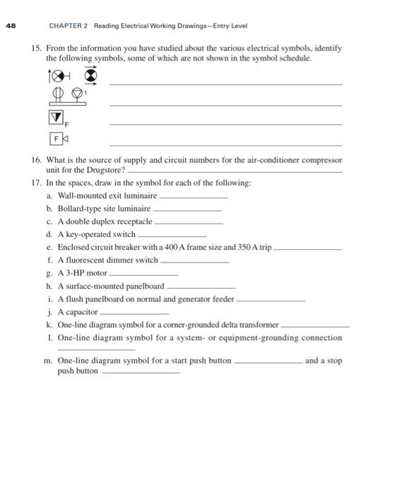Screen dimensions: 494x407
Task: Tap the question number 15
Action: click(37, 49)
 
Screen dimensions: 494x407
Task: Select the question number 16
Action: click(37, 160)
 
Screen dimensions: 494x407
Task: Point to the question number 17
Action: click(37, 183)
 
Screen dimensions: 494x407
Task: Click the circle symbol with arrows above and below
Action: click(90, 74)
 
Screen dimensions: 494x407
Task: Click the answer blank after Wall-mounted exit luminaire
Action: click(194, 197)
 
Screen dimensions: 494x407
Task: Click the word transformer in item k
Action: click(259, 325)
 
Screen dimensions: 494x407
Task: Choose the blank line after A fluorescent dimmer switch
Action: click(194, 261)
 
